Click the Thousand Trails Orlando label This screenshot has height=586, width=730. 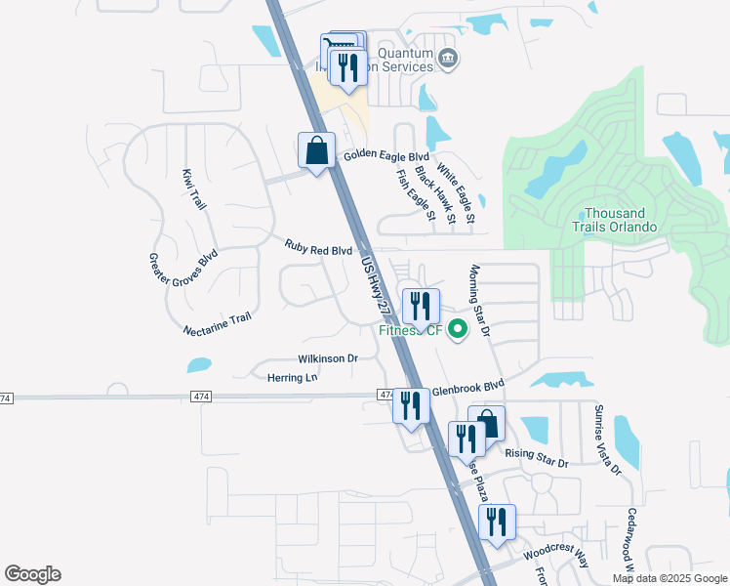coord(615,220)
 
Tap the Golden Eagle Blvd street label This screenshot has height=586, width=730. coord(386,156)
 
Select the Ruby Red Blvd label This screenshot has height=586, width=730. coord(318,250)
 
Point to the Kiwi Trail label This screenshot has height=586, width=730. coord(194,188)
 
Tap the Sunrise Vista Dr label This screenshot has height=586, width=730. coord(607,439)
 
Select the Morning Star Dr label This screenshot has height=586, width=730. coord(478,301)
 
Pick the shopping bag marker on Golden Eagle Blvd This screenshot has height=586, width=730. coord(316,151)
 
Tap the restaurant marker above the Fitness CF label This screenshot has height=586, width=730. coord(421,306)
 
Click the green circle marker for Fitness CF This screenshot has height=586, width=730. coord(457,330)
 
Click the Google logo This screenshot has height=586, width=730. coord(32,574)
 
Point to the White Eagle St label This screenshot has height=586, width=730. coord(456,194)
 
